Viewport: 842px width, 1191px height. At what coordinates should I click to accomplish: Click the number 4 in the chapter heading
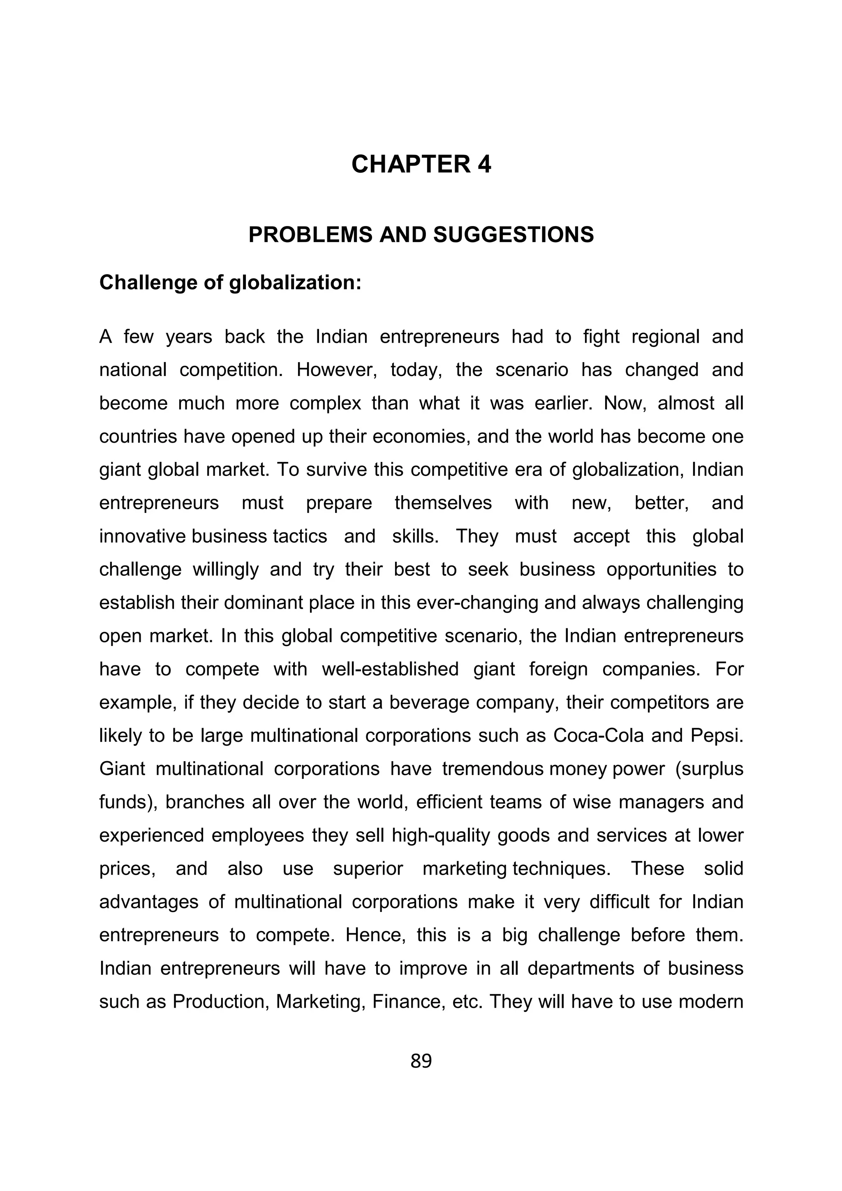(x=483, y=164)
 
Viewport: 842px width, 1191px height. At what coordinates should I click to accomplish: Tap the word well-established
(x=390, y=669)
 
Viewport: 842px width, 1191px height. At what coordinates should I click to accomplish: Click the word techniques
(x=561, y=869)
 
